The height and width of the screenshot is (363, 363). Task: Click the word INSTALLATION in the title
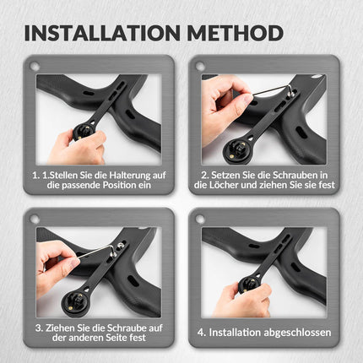point(102,33)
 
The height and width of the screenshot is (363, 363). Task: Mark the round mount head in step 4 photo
point(250,284)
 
